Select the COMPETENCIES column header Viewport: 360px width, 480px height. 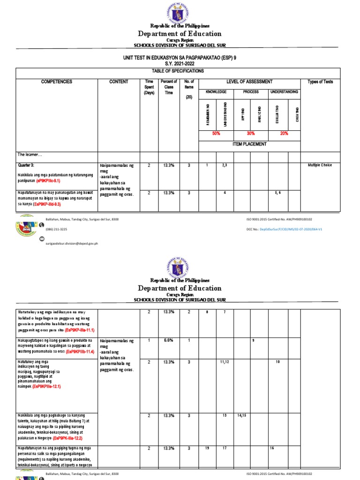tap(57, 82)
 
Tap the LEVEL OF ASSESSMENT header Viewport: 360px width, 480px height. tap(249, 82)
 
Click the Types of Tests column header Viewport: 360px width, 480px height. tap(320, 82)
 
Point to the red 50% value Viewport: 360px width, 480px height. tap(216, 134)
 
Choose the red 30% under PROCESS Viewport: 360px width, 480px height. tap(250, 134)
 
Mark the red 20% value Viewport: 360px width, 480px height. tap(284, 134)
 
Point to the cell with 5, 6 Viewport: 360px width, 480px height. tap(277, 193)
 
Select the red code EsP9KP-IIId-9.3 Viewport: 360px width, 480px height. tap(47, 204)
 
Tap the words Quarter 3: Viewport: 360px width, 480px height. tap(27, 165)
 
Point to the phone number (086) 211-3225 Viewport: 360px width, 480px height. tap(56, 229)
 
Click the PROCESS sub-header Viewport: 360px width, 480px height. tap(250, 92)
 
